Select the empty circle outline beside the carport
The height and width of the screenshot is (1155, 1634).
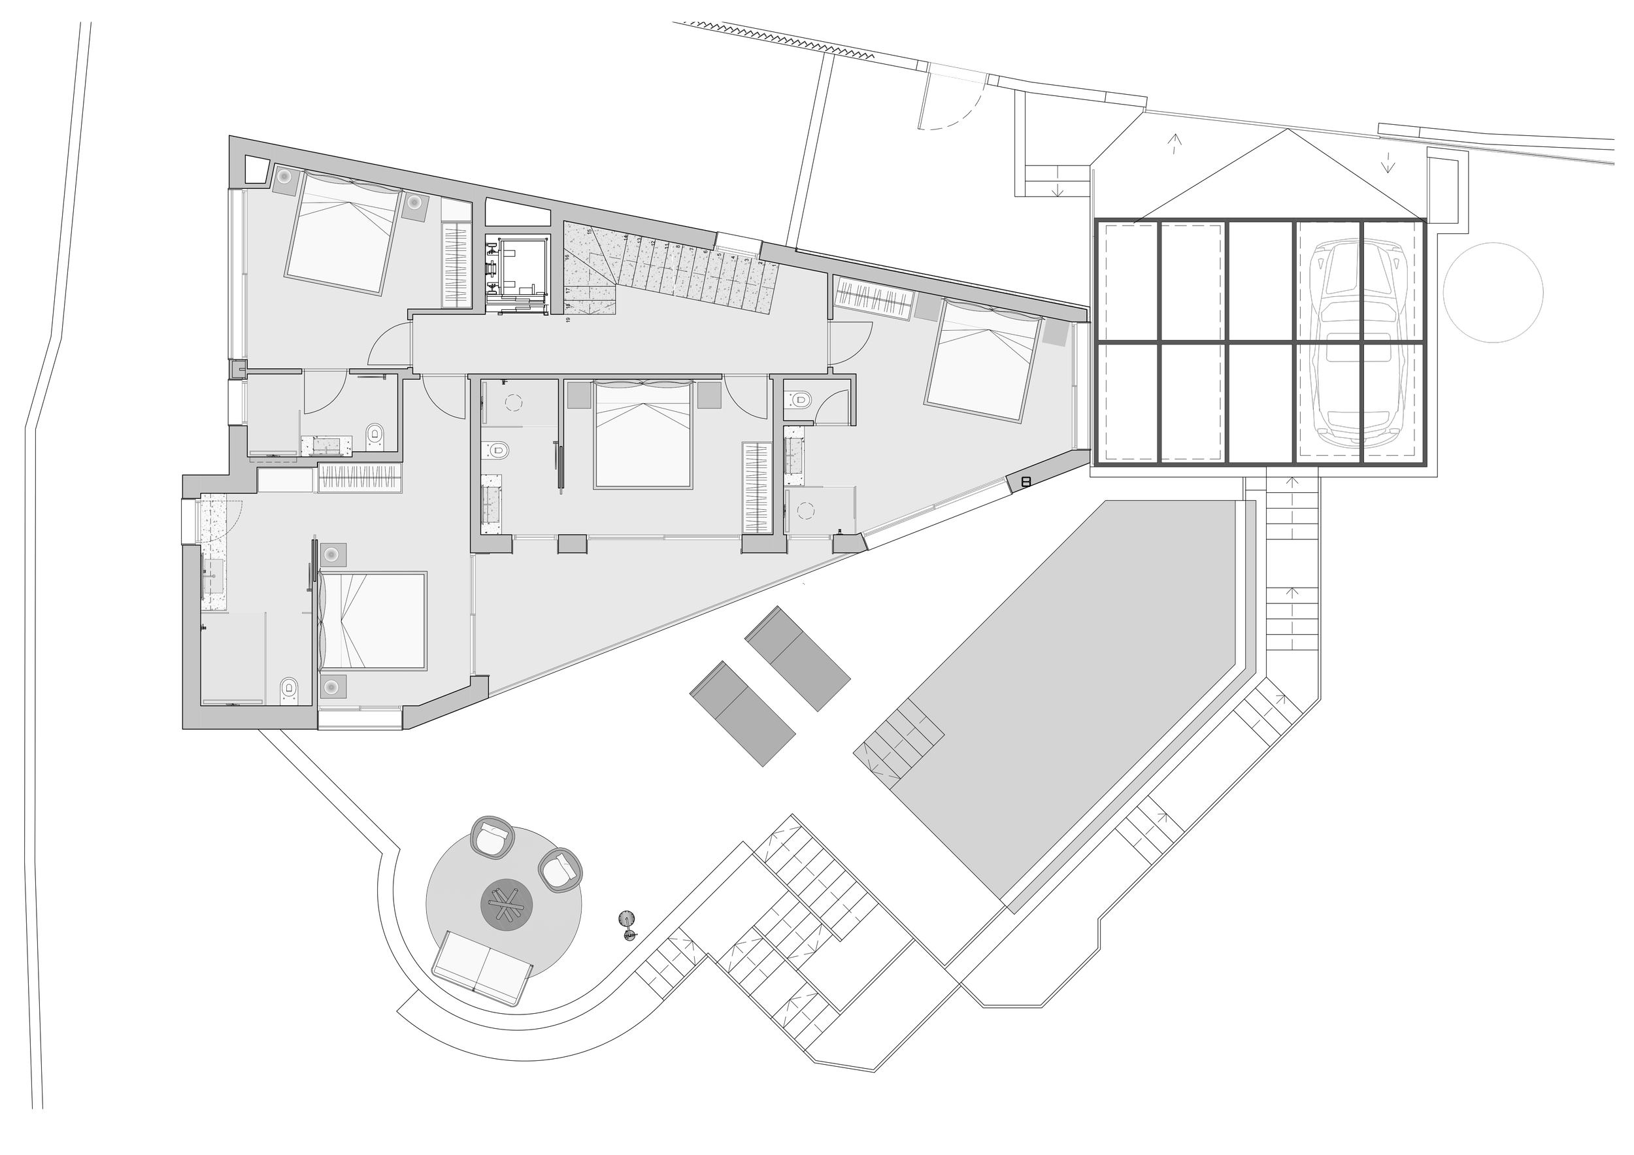tap(1492, 292)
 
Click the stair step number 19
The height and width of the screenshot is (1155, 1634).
tap(569, 320)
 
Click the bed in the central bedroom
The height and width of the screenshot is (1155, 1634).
tap(642, 435)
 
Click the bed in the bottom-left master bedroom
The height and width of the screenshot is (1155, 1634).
tap(372, 620)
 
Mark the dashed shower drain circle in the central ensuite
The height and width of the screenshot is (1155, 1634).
tap(513, 403)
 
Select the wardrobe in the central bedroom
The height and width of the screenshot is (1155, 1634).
tap(756, 488)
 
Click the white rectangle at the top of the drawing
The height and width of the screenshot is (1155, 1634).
tap(958, 73)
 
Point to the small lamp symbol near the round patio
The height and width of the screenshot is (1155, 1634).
tap(626, 919)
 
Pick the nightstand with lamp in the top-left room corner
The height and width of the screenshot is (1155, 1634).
tap(283, 177)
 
